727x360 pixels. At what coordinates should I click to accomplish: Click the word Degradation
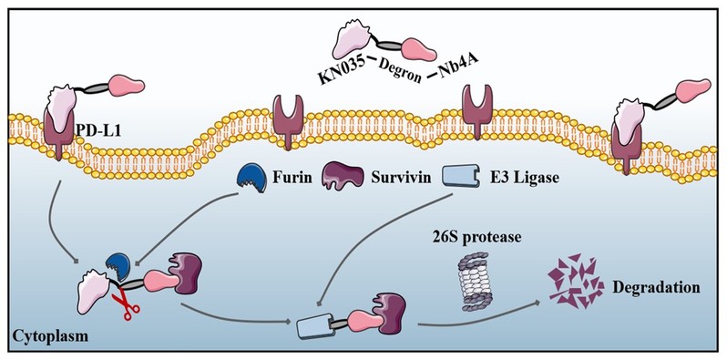[656, 287]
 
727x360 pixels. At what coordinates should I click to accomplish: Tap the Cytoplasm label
[49, 336]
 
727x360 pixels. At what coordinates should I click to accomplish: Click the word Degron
[399, 73]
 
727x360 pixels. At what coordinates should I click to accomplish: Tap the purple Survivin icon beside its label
[343, 177]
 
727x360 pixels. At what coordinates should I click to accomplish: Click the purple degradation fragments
[576, 281]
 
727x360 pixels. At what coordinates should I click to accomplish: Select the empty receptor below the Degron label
[288, 121]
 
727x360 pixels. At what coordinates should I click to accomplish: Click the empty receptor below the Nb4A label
[477, 112]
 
